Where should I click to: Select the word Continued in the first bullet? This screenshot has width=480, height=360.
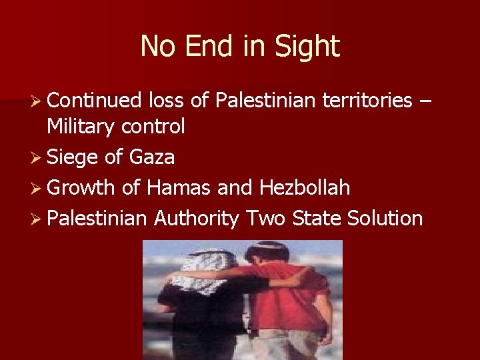pyautogui.click(x=95, y=101)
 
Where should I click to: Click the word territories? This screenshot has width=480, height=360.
pyautogui.click(x=367, y=101)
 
